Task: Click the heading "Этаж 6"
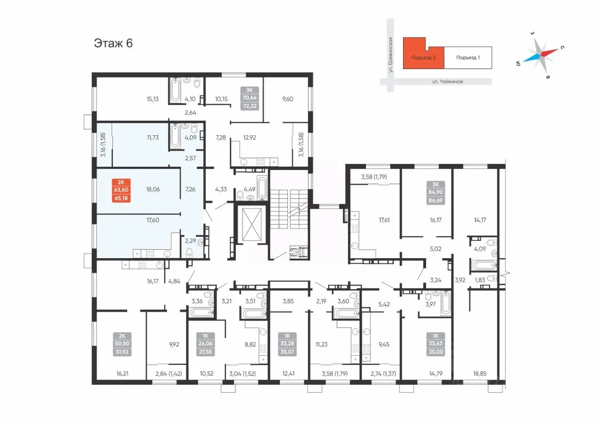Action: pos(113,43)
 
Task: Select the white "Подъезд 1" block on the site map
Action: pos(468,57)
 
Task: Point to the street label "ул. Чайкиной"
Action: pos(447,82)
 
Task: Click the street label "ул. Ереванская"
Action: pos(390,55)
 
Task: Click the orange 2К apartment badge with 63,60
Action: pos(121,190)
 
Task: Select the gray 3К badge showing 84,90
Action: pos(436,193)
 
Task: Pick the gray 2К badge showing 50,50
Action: pos(122,344)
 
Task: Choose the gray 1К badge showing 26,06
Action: pos(206,344)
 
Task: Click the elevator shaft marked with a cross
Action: pos(252,225)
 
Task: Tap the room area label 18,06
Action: pos(153,189)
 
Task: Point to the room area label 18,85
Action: pos(480,373)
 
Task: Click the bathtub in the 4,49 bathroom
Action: pos(262,188)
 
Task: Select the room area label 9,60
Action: pos(287,99)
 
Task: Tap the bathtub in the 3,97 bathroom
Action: pos(445,304)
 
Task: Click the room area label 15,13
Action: pos(153,99)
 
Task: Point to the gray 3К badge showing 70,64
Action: pos(250,98)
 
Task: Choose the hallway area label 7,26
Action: pos(190,189)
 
